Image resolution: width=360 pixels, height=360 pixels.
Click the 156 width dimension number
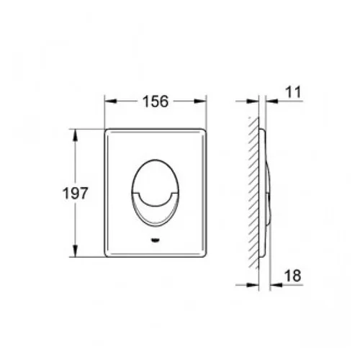click(x=156, y=102)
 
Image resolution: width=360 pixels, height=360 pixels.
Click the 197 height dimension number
click(x=75, y=193)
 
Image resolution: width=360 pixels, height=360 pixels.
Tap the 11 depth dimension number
click(x=293, y=92)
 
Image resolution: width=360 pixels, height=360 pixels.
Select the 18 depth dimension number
click(x=292, y=276)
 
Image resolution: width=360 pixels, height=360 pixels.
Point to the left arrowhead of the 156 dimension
click(x=110, y=101)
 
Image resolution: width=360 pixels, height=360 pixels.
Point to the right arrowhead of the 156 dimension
click(x=200, y=101)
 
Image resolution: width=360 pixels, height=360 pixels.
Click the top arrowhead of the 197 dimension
click(x=76, y=135)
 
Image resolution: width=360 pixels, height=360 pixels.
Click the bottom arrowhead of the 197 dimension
click(x=76, y=251)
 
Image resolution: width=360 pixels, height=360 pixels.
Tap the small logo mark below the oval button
click(x=156, y=240)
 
